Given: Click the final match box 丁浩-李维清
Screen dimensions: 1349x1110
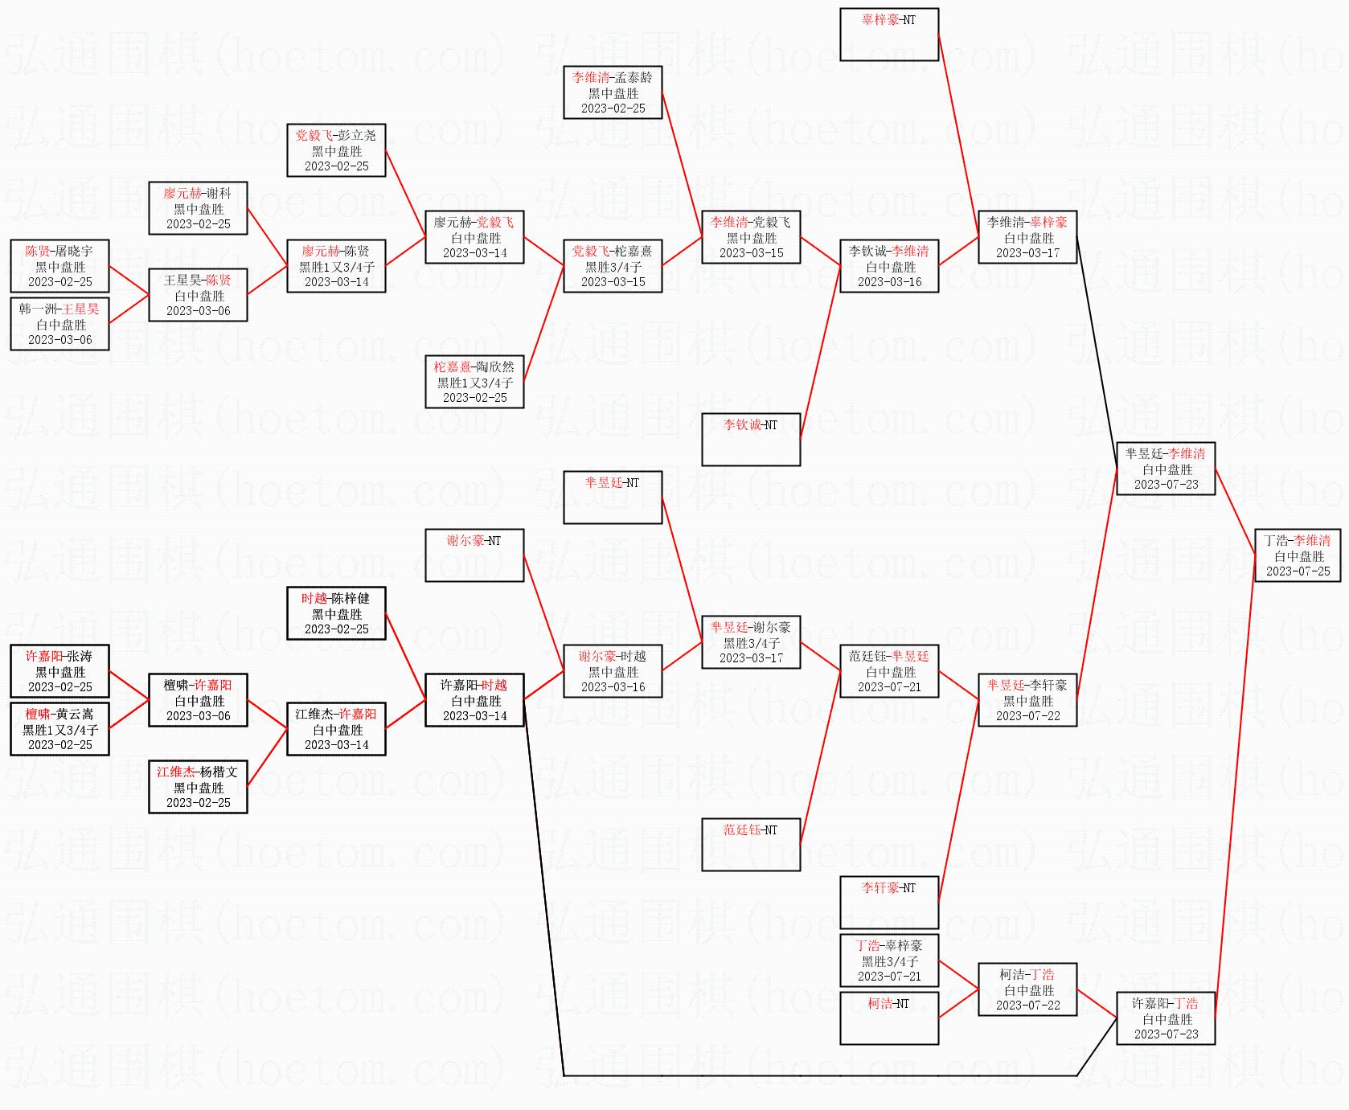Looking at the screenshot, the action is coord(1298,555).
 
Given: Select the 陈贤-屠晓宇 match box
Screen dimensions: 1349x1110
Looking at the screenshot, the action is coord(59,266).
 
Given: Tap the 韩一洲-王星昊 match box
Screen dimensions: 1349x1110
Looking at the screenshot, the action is coord(59,324).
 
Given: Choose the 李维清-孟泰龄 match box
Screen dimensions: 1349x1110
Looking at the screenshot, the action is coord(613,92).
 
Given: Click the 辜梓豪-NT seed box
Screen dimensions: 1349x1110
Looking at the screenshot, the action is coord(889,35).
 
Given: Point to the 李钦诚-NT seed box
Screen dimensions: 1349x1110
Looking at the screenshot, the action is coord(751,440).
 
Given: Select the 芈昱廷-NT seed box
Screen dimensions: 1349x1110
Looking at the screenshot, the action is coord(613,498).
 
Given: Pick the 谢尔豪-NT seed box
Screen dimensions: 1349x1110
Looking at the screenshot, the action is coord(474,555).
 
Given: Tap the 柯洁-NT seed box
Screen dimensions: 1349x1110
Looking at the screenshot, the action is coord(889,1018).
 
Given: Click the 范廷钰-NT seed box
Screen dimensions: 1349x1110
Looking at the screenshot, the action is coord(751,845).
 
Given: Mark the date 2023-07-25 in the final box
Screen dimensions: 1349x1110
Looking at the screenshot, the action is coord(1298,571).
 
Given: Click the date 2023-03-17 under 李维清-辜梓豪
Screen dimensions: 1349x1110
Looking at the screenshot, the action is coord(1027,253).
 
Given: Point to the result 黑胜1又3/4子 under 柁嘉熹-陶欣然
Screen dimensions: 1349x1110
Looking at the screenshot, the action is coord(474,383).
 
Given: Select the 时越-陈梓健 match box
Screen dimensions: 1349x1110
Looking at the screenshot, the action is coord(336,613).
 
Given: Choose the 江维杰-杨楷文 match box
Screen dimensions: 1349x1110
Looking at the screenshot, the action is coord(198,787).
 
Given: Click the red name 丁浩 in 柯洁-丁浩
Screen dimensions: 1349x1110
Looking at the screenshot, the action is coord(1042,975).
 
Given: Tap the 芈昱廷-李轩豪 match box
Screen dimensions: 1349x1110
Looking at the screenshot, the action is coord(1027,700).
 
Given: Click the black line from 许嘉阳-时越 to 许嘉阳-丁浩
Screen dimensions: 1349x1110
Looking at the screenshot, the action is coord(804,1075).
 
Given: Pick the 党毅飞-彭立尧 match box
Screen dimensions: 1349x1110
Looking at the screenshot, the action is coord(336,150).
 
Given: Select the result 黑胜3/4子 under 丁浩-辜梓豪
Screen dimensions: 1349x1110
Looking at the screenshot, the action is coord(889,961).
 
